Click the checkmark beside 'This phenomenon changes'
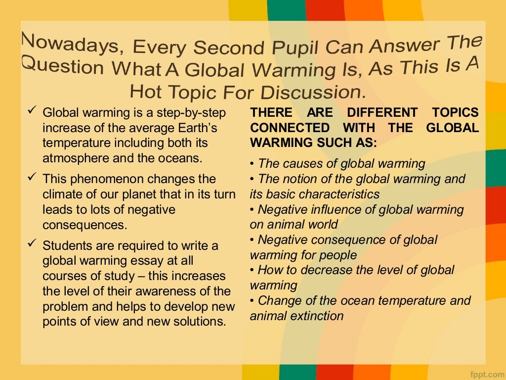click(x=33, y=178)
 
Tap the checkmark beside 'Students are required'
click(x=33, y=244)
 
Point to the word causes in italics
click(x=301, y=164)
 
